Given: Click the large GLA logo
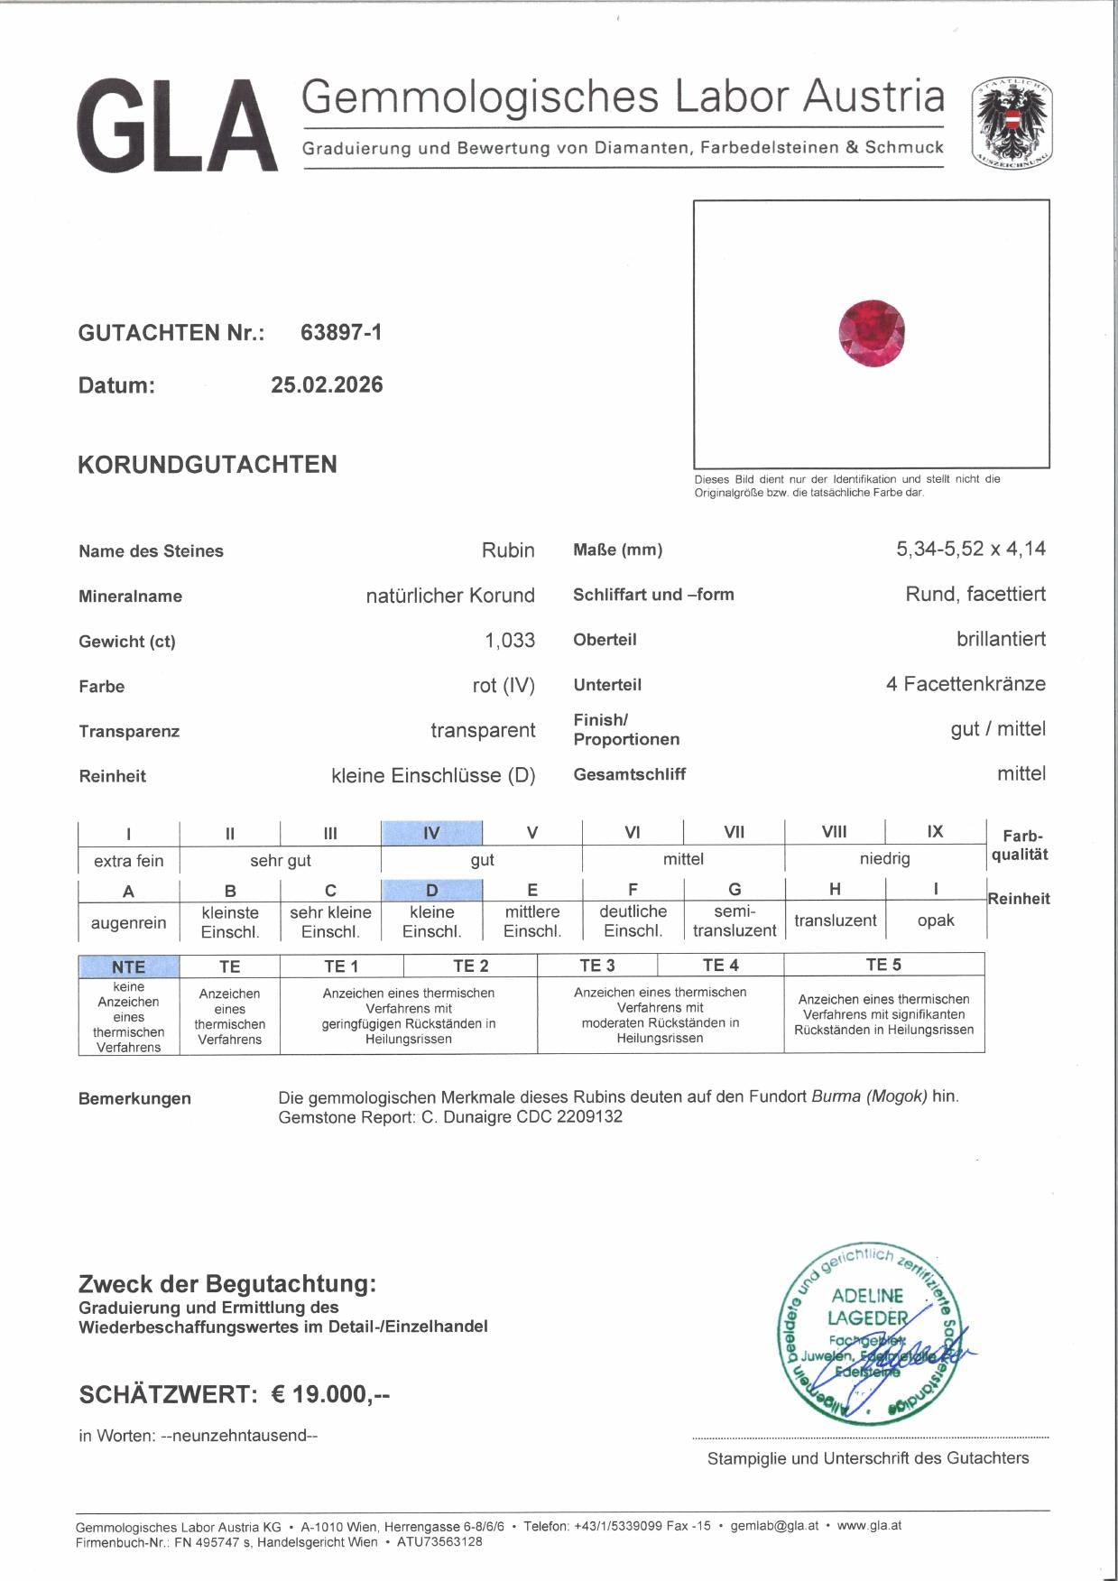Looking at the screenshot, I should pos(177,126).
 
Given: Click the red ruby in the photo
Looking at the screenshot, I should pos(871,332).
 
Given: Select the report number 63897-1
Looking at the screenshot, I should pos(341,332).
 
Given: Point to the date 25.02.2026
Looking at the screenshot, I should pos(327,385).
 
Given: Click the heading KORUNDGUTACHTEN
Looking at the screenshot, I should pos(208,465).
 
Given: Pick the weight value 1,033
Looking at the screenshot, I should pos(510,641).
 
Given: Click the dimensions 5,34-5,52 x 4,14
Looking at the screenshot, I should pos(971,549).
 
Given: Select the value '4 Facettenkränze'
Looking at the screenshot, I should pos(966,684).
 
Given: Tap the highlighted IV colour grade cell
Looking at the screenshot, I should pos(431,832).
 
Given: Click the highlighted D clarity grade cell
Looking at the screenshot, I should pos(431,891).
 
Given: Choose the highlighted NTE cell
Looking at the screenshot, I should pos(128,966).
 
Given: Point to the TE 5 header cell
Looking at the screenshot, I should pos(883,965).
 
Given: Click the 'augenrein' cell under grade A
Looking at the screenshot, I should pos(128,923).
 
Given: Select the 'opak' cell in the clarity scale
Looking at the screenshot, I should pos(936,921).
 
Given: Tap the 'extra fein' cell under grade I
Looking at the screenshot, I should pos(128,861).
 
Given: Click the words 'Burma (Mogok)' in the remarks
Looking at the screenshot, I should pos(869,1097).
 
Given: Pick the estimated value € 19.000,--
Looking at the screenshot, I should pos(330,1394).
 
